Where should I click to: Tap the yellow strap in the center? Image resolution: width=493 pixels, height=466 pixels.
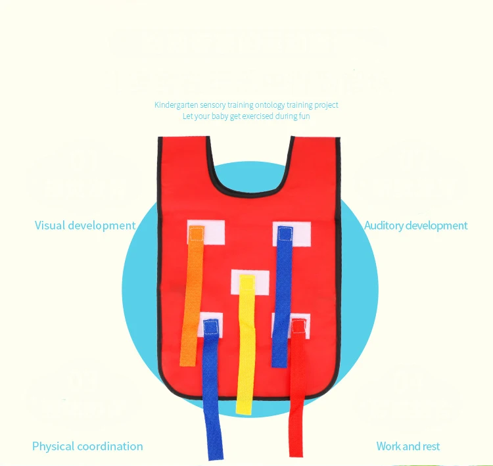[246, 342]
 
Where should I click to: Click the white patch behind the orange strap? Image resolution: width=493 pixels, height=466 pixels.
[214, 230]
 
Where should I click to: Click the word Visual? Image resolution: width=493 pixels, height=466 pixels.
[50, 225]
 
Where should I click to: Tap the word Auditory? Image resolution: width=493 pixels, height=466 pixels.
[384, 225]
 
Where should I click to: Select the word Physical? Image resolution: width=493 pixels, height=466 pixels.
[53, 446]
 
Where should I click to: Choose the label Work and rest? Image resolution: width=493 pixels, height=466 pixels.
[408, 446]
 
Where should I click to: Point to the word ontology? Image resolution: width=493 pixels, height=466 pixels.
[270, 105]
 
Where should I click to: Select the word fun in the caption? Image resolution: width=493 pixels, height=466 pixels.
[303, 116]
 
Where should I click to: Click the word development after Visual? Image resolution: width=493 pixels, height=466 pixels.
[102, 225]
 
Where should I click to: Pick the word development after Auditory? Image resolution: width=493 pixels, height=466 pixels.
[436, 225]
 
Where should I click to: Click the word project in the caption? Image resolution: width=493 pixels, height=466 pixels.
[327, 105]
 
